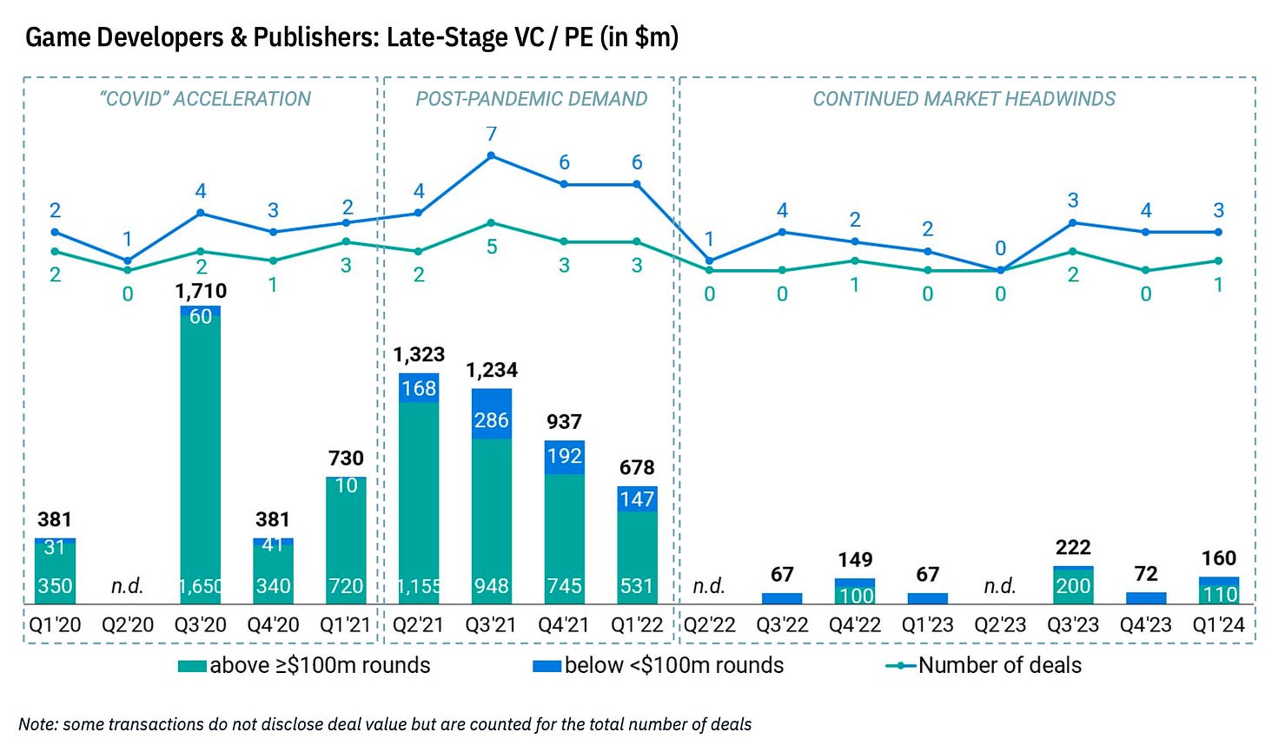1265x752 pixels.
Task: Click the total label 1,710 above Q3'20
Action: pyautogui.click(x=201, y=291)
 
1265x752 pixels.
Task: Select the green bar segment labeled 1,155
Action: pyautogui.click(x=419, y=504)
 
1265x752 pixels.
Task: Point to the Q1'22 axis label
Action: pyautogui.click(x=637, y=624)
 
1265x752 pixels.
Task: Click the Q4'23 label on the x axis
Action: pyautogui.click(x=1146, y=624)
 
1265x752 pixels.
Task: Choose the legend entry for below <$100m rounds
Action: pyautogui.click(x=659, y=666)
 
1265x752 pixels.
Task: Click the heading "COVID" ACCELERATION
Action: pyautogui.click(x=206, y=99)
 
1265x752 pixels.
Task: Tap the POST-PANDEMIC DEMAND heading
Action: pyautogui.click(x=531, y=99)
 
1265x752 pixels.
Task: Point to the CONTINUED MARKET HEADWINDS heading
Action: pyautogui.click(x=964, y=99)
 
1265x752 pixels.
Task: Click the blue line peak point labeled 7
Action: pyautogui.click(x=492, y=155)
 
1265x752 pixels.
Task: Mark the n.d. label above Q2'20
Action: pyautogui.click(x=128, y=586)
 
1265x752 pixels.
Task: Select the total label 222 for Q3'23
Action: pyautogui.click(x=1073, y=547)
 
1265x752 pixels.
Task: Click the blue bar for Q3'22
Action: pyautogui.click(x=782, y=598)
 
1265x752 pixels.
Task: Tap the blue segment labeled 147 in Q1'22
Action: pyautogui.click(x=637, y=498)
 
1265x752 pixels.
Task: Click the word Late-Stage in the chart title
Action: pyautogui.click(x=438, y=37)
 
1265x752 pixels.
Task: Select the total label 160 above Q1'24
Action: pyautogui.click(x=1219, y=558)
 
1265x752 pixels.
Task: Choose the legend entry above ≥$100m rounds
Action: pyautogui.click(x=304, y=666)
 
